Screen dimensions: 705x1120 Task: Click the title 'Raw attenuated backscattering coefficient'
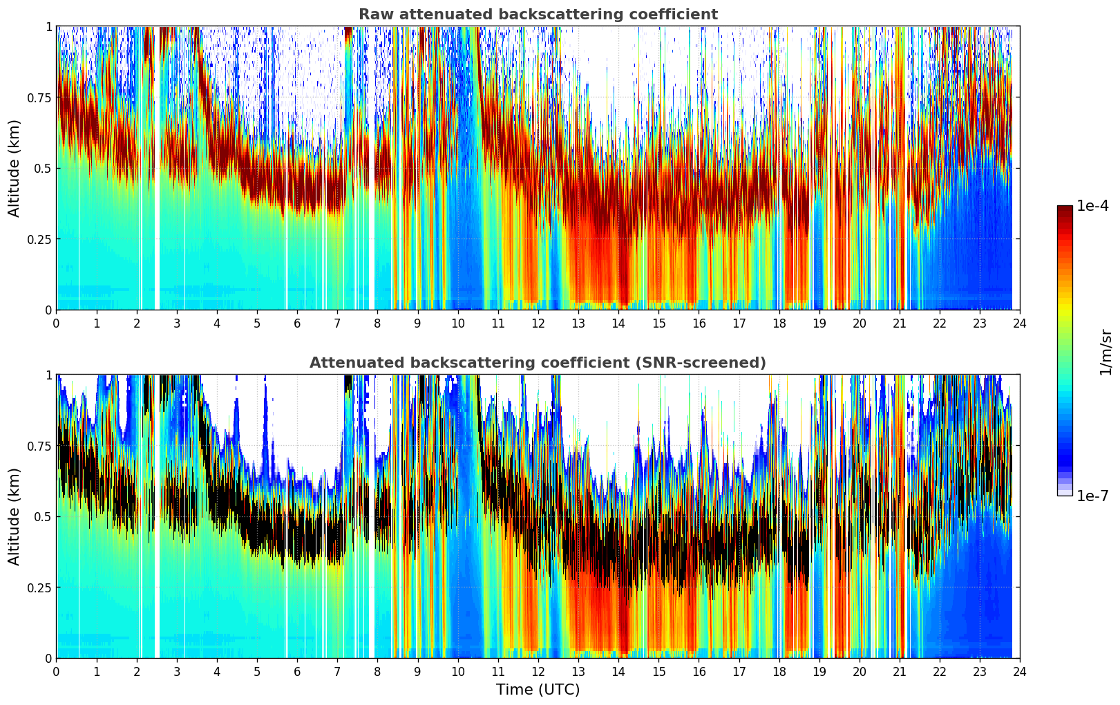(x=538, y=15)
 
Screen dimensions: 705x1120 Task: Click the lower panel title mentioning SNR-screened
(x=538, y=363)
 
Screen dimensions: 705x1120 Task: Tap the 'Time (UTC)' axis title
(x=538, y=690)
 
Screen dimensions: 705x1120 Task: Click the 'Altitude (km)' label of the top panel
(x=15, y=168)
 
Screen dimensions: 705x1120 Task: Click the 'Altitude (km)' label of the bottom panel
(x=15, y=516)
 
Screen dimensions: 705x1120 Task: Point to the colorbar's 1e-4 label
(x=1092, y=206)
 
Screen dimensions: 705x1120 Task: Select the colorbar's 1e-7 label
(x=1092, y=496)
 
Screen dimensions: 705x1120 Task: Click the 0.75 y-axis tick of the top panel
(x=39, y=97)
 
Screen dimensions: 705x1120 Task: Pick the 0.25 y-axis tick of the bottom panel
(x=39, y=587)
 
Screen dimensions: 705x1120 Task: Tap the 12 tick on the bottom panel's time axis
(x=538, y=672)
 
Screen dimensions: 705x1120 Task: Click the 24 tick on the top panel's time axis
(x=1020, y=323)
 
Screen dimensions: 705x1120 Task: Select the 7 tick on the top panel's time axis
(x=337, y=323)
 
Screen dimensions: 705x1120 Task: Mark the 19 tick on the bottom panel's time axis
(x=819, y=672)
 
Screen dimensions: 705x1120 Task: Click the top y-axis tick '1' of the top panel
(x=48, y=26)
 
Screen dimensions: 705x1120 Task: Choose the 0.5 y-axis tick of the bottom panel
(x=42, y=516)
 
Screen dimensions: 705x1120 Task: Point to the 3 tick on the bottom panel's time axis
(x=177, y=672)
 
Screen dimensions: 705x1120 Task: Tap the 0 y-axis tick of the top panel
(x=48, y=310)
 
